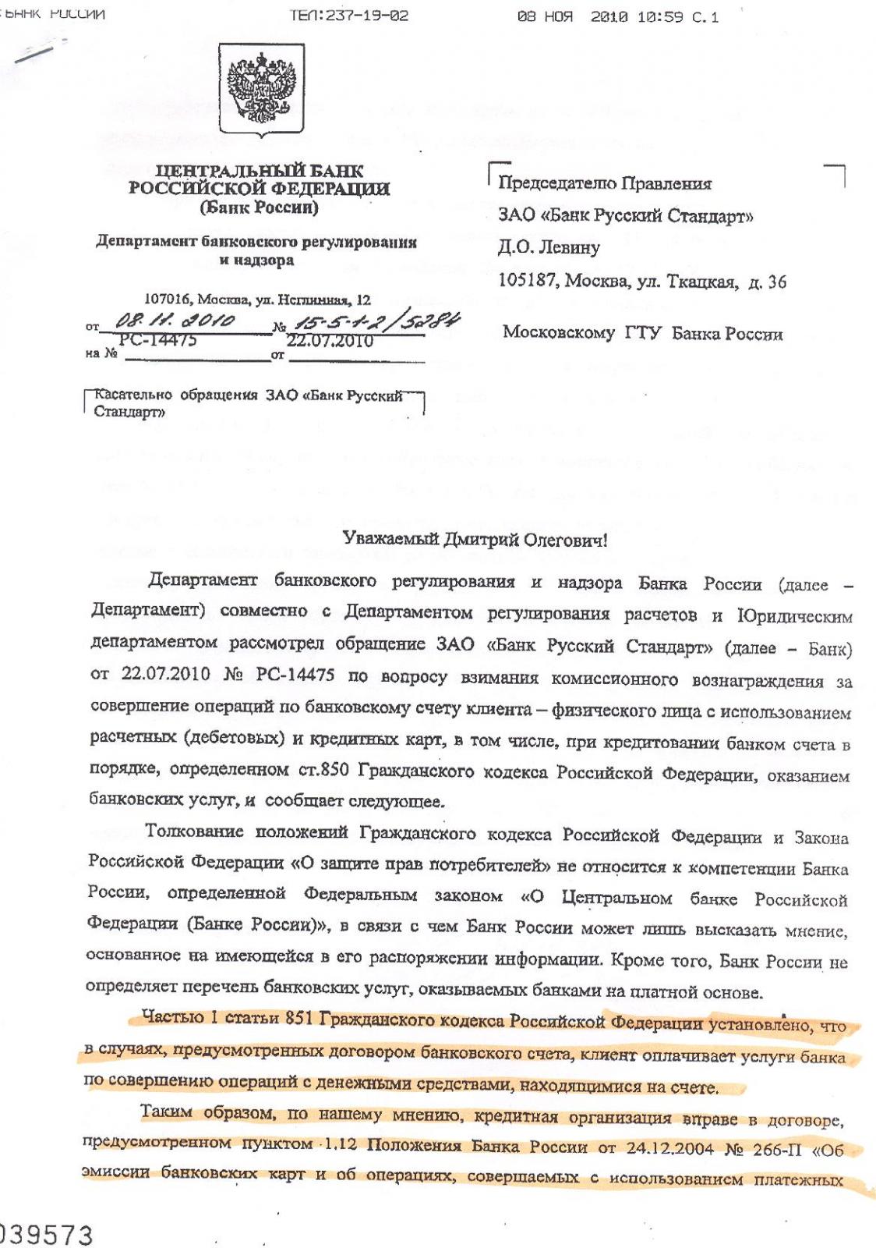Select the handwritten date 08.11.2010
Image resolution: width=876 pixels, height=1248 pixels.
coord(175,321)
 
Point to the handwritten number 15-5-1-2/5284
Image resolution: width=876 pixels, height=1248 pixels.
coord(375,321)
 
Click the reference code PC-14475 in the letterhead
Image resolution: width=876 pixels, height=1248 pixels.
coord(157,341)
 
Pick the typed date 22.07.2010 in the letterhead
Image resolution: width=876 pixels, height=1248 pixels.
coord(330,341)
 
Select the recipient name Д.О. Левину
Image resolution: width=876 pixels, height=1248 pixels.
coord(549,248)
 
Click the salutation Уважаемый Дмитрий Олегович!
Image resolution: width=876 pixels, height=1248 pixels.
coord(475,539)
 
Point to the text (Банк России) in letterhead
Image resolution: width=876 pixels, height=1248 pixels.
coord(259,208)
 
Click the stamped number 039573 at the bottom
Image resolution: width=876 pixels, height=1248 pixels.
coord(47,1235)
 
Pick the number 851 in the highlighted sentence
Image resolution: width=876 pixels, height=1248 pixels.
coord(299,1018)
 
